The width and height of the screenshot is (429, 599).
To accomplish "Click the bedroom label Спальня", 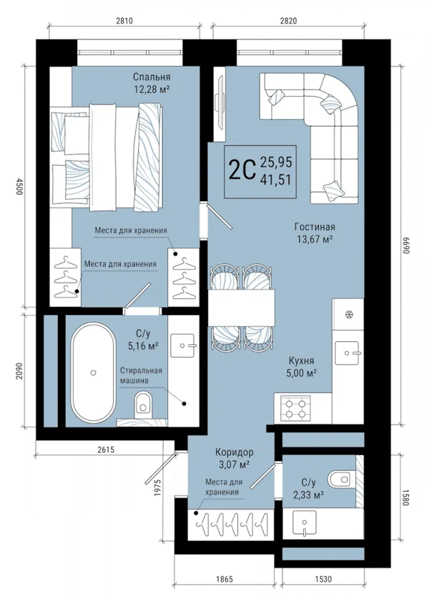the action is coord(152,77).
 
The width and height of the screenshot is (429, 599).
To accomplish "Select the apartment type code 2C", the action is coord(242,171).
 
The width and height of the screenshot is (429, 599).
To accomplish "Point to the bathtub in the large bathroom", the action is coord(94,372).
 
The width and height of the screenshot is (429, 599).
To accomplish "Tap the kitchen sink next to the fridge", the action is coord(347,353).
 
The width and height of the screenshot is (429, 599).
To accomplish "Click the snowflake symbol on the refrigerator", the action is coord(348,315).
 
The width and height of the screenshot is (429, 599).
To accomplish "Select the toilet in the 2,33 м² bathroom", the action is coord(340,479).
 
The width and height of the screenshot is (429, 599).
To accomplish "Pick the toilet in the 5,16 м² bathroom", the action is coord(143,404).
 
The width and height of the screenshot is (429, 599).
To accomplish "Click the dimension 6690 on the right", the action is coord(405,245).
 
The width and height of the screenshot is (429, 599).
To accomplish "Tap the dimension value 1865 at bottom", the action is coord(224,580).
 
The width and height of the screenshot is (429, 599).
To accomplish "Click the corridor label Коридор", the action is coord(234,453).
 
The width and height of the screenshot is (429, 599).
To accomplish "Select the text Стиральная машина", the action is coord(141,376).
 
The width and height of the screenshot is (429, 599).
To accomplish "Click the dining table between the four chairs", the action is coord(242,308).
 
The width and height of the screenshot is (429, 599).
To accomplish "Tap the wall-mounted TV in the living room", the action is coord(220,103).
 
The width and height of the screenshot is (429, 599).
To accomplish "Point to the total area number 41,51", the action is coord(276,179).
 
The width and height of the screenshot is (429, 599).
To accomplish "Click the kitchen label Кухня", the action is coord(302,361).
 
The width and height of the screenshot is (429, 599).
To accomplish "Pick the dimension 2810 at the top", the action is coord(124,21).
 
